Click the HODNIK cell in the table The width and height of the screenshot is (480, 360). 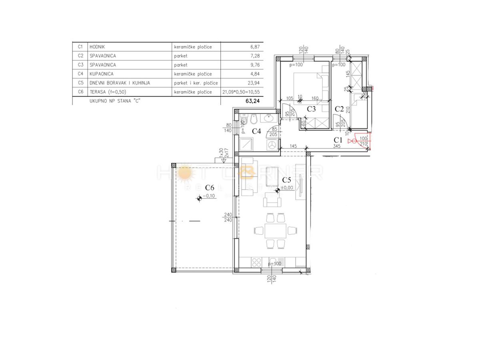pos(98,47)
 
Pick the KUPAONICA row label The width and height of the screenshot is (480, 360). pos(102,74)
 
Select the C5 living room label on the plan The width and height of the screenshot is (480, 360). pos(287,180)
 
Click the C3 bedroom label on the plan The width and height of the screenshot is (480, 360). pos(312,108)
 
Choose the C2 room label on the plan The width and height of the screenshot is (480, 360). pos(340,108)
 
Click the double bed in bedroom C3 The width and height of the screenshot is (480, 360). pos(311,85)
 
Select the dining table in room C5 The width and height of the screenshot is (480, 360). pos(275,231)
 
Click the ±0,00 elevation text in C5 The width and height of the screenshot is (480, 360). pos(288,187)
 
